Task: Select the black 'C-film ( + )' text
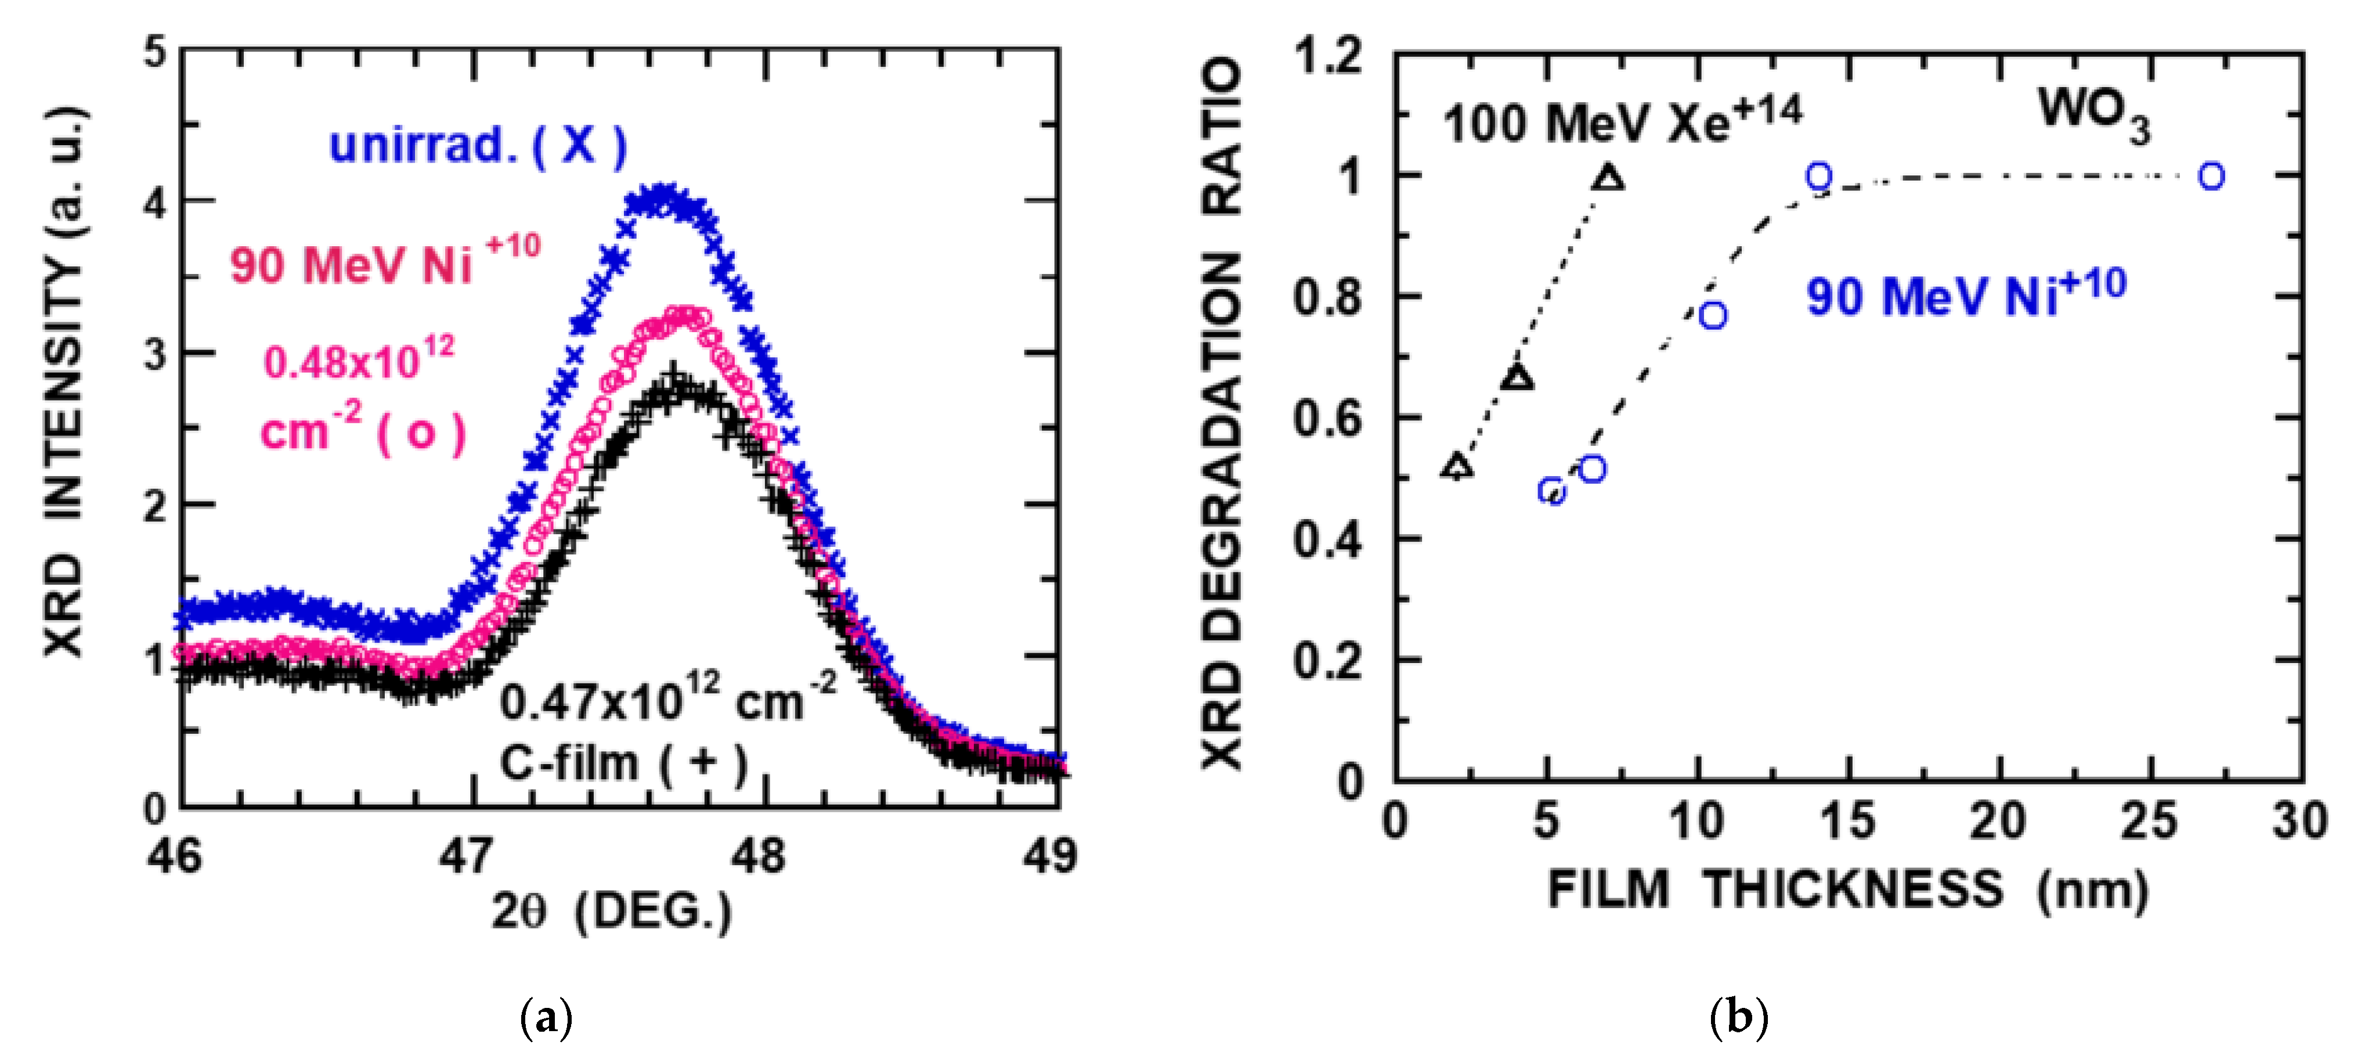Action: coord(623,763)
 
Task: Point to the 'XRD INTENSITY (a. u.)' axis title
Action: coord(66,380)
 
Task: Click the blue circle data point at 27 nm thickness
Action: coord(2212,176)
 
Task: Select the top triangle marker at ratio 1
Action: coord(1608,178)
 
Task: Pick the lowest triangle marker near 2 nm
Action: coord(1457,467)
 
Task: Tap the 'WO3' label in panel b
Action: coord(2094,114)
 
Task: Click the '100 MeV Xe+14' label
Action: coord(1622,121)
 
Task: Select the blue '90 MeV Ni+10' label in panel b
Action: coord(1965,293)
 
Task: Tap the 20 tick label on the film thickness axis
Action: coord(1998,820)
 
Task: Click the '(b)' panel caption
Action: coord(1739,1018)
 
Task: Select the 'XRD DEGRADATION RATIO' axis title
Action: coord(1223,413)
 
